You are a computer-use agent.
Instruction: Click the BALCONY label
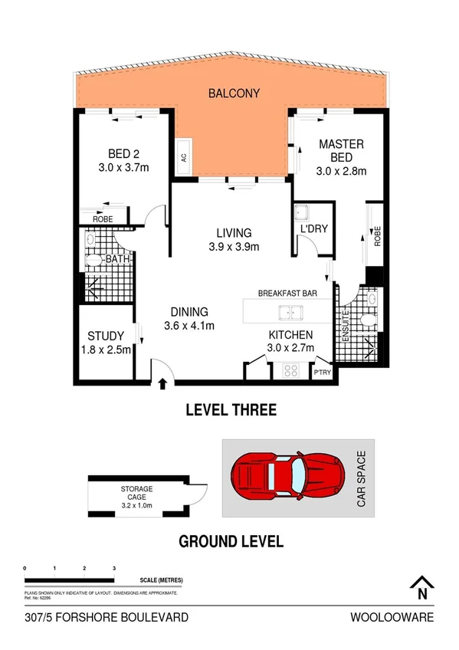click(x=234, y=94)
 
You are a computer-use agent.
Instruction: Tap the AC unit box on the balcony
click(x=183, y=157)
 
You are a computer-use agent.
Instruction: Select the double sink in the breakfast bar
click(x=290, y=312)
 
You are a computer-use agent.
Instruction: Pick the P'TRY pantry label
click(x=322, y=373)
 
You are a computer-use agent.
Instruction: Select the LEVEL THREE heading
click(x=231, y=410)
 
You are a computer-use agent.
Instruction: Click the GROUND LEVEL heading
click(x=231, y=541)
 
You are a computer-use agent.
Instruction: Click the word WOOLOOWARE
click(x=392, y=617)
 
